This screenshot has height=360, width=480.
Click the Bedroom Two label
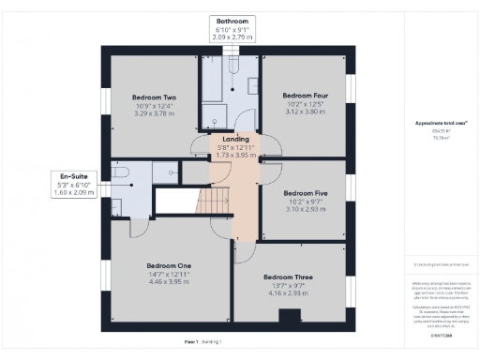tap(154, 97)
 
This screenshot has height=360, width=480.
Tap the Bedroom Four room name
tap(304, 95)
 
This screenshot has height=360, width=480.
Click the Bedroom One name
tap(169, 265)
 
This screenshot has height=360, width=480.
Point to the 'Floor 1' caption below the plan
tap(191, 342)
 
